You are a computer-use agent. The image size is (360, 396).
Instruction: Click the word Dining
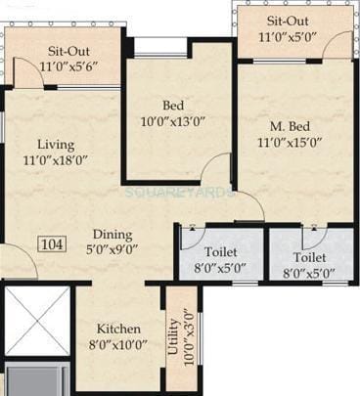click(x=114, y=234)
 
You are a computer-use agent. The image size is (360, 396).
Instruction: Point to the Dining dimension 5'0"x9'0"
click(x=114, y=250)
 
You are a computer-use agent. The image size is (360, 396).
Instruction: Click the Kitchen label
click(x=114, y=329)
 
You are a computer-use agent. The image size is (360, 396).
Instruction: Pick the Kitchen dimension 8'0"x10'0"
click(x=114, y=345)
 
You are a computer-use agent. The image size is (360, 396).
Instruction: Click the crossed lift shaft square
click(x=37, y=321)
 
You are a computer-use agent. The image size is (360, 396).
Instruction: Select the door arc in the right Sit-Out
click(x=337, y=45)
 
